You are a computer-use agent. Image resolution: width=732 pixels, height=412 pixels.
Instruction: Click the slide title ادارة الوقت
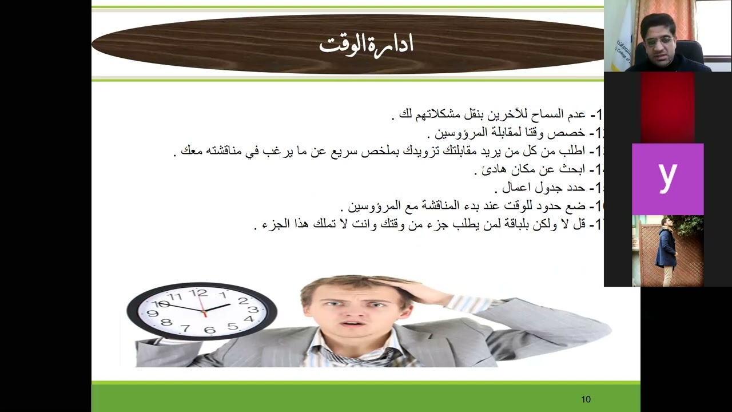tap(366, 45)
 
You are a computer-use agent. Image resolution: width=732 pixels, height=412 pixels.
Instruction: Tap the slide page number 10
tap(586, 399)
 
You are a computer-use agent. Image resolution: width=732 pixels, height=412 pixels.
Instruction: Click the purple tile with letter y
tap(667, 179)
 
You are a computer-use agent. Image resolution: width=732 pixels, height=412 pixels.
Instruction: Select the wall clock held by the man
tap(201, 311)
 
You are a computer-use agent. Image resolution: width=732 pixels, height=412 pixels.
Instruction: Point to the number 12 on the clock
tap(198, 294)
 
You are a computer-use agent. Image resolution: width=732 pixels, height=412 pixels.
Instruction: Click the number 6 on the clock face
tap(210, 330)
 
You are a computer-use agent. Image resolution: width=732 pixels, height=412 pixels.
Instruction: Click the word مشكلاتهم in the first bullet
tap(436, 114)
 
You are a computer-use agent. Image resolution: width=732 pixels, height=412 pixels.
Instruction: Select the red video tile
tap(667, 108)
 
